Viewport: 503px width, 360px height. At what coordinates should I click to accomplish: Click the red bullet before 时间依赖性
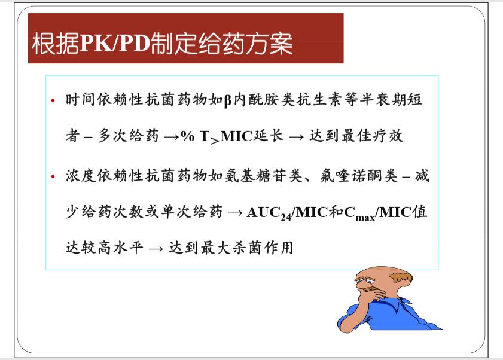point(53,100)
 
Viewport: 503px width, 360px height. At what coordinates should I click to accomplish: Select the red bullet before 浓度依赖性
point(53,176)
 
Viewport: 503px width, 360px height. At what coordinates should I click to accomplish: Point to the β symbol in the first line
point(228,100)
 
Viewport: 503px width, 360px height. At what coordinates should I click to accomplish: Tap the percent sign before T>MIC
point(188,136)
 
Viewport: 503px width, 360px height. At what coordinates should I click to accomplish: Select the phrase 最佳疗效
point(372,136)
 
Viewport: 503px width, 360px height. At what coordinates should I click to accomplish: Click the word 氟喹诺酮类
point(359,175)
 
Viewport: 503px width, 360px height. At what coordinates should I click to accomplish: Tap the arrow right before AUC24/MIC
point(235,213)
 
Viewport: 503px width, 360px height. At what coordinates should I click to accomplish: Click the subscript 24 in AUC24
point(285,218)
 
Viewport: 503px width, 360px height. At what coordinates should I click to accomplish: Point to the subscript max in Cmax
point(365,218)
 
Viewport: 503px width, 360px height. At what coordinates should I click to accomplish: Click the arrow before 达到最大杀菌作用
point(156,249)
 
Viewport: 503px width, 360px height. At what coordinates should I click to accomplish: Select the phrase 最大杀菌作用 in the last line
point(247,248)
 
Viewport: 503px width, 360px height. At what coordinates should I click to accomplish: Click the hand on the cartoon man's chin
point(374,294)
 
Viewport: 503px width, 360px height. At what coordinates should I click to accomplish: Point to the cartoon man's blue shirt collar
point(401,303)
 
